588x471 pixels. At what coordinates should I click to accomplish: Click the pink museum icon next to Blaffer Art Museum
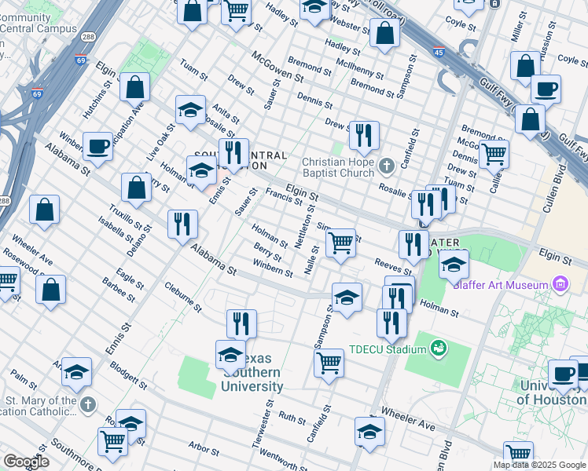tap(560, 283)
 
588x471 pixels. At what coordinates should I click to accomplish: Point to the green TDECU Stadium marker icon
tap(439, 346)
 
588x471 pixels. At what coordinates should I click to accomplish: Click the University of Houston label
tap(553, 392)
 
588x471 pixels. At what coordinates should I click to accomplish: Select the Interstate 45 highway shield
tap(437, 53)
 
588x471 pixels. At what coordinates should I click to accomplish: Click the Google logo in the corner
tap(26, 462)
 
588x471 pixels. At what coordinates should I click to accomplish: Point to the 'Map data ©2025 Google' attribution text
tap(539, 465)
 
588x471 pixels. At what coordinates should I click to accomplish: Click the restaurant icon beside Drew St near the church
tap(362, 134)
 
